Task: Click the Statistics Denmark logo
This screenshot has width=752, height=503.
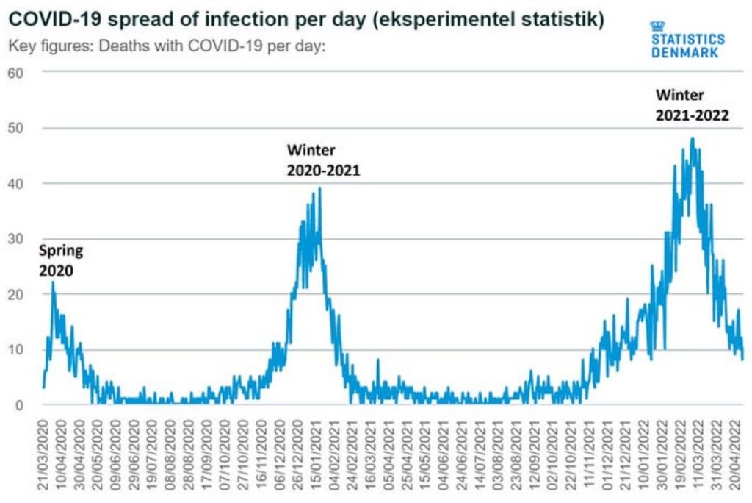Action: tap(687, 40)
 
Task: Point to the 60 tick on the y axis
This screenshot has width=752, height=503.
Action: tap(16, 72)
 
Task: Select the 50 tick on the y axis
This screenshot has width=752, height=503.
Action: tap(16, 128)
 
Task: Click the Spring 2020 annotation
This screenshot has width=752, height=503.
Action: tap(60, 260)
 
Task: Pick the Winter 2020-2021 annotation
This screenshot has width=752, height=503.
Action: tap(322, 160)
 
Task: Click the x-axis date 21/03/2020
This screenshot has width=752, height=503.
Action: tap(43, 452)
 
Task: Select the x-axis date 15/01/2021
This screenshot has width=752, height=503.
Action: tap(317, 452)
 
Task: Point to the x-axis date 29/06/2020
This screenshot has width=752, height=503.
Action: tap(134, 452)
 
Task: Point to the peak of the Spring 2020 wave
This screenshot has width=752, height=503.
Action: tap(53, 282)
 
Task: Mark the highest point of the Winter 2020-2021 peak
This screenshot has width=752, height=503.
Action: tap(320, 188)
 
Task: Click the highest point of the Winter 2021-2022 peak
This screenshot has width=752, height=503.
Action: tap(692, 138)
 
